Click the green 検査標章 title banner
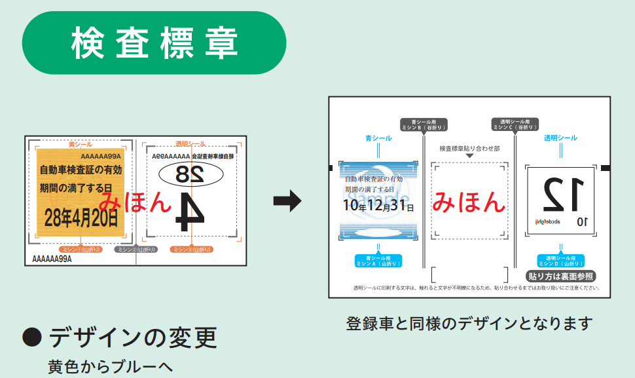[x=154, y=43]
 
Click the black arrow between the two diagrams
[x=287, y=202]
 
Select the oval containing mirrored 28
[x=190, y=174]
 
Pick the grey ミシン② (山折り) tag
[x=136, y=250]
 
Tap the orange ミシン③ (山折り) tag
[x=192, y=250]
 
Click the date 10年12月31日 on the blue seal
[x=378, y=207]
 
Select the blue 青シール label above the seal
[x=378, y=138]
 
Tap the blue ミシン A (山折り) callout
[x=378, y=261]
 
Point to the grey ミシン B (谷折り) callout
[x=424, y=124]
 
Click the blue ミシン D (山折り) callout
[x=560, y=261]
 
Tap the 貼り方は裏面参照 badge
[x=561, y=276]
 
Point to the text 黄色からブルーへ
[x=109, y=366]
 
